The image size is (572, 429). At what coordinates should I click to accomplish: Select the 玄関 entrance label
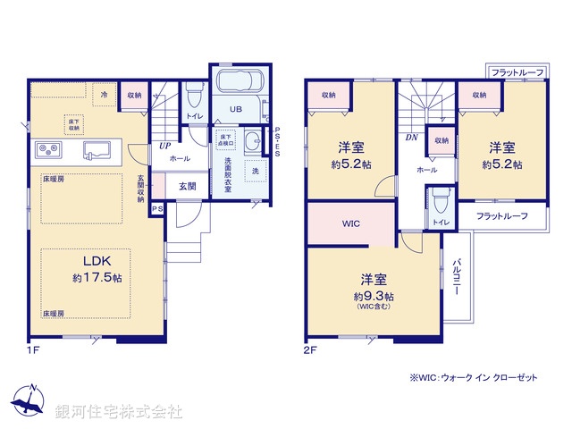[187, 186]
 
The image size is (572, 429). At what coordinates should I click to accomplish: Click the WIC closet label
[350, 223]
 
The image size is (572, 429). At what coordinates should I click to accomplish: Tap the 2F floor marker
[310, 350]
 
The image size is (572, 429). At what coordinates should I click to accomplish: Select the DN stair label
[411, 138]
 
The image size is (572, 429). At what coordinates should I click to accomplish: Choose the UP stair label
[165, 145]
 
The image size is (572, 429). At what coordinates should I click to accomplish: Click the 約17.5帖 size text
[98, 278]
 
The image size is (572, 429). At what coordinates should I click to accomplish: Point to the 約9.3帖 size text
[373, 296]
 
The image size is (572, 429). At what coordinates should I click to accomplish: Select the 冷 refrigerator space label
[104, 94]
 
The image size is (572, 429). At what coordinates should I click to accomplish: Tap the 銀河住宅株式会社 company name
[118, 413]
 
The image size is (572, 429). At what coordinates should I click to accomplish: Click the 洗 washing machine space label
[255, 171]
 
